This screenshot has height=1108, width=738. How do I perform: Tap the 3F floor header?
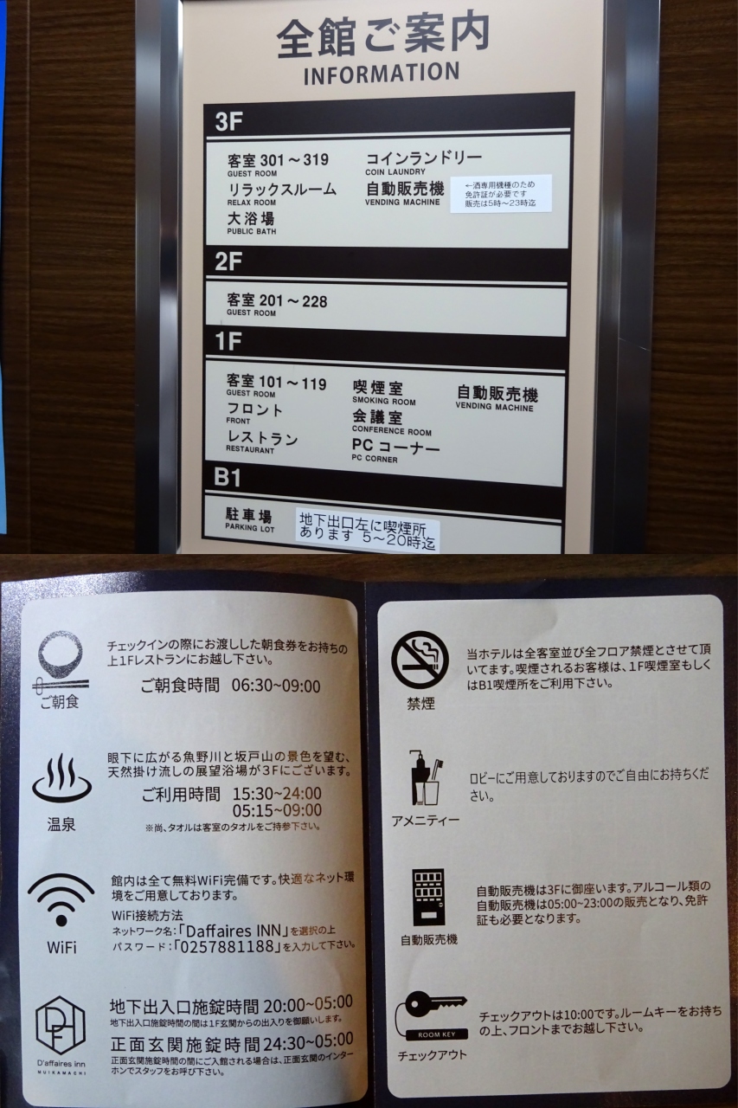click(228, 122)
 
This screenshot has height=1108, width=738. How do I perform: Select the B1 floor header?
click(228, 478)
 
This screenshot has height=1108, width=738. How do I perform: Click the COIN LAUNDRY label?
click(395, 171)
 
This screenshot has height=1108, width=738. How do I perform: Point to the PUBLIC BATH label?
click(251, 231)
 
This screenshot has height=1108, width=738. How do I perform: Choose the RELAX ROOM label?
click(251, 203)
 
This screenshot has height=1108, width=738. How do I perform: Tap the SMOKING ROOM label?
click(383, 402)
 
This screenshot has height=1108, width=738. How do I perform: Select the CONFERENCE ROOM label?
click(391, 431)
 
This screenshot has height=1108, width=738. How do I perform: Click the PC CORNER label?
click(374, 459)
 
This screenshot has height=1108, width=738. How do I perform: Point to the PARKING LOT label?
click(249, 527)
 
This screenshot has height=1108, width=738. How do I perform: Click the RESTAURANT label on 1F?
click(250, 450)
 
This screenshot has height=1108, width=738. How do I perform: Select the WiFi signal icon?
click(61, 899)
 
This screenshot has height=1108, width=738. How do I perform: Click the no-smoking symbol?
click(420, 660)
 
